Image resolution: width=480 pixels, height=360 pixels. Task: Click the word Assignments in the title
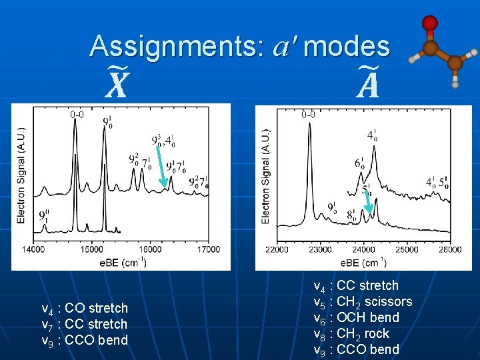(176, 45)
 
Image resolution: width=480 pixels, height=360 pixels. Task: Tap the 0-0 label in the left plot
(77, 114)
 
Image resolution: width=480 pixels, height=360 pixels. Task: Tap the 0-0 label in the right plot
(308, 114)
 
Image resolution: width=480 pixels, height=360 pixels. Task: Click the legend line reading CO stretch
(84, 308)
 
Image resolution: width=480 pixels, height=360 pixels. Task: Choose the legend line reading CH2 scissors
(363, 301)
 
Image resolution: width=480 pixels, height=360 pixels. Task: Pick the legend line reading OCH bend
(356, 317)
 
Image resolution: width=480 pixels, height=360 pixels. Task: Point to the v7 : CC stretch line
(84, 324)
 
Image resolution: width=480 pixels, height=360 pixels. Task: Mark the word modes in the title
(346, 45)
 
